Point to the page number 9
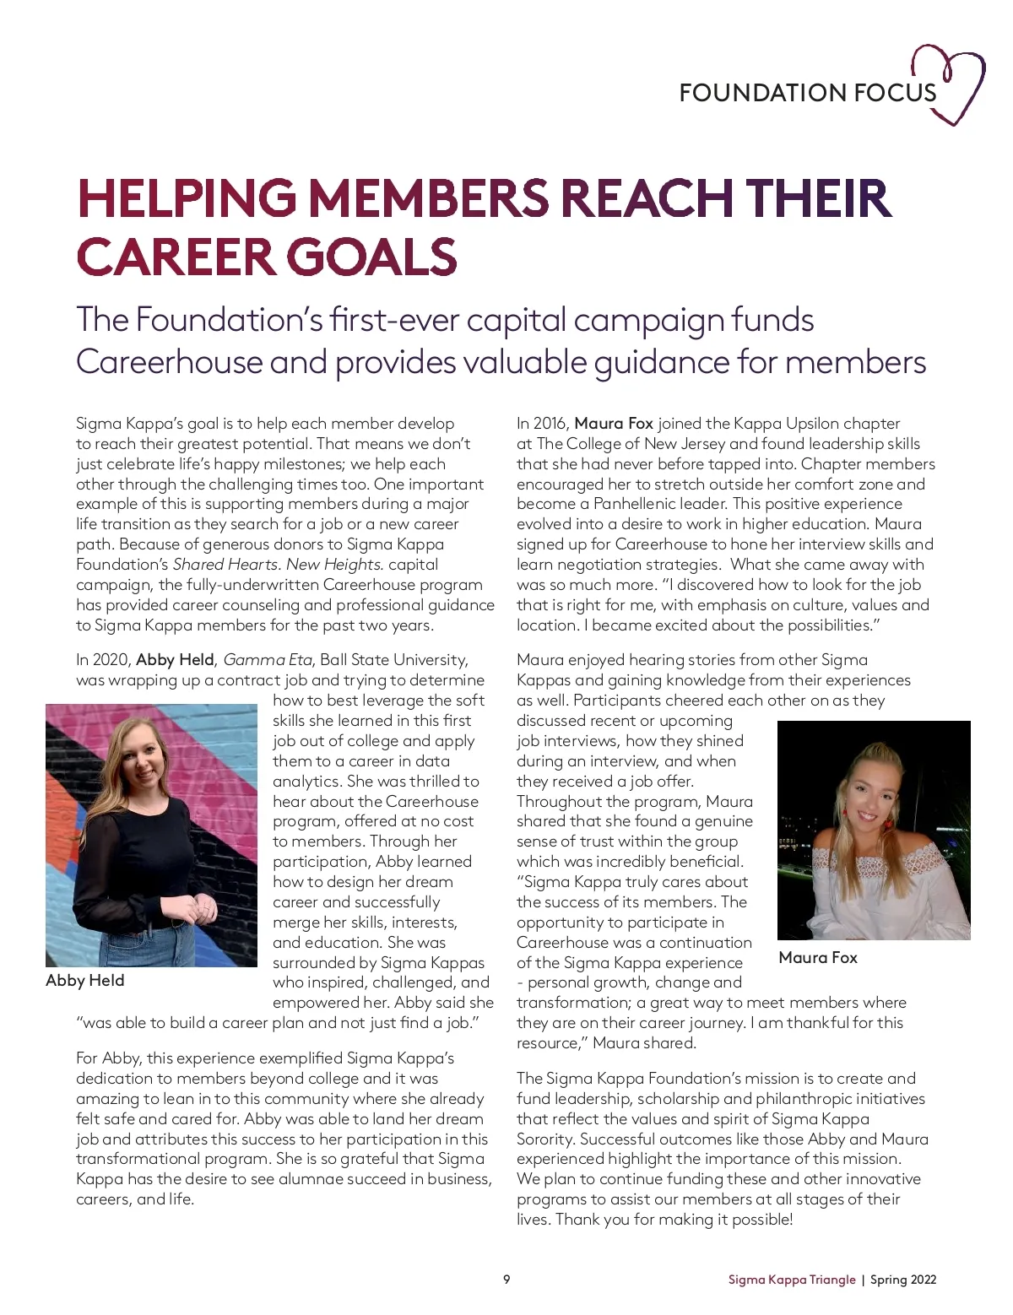point(506,1280)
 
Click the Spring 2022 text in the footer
point(903,1280)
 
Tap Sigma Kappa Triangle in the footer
point(792,1280)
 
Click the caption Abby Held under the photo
point(85,980)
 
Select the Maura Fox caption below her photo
point(817,957)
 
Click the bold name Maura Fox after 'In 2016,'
point(614,423)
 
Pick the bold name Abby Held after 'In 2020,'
point(175,659)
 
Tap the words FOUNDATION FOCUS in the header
point(807,93)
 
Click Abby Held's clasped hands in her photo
point(205,907)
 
